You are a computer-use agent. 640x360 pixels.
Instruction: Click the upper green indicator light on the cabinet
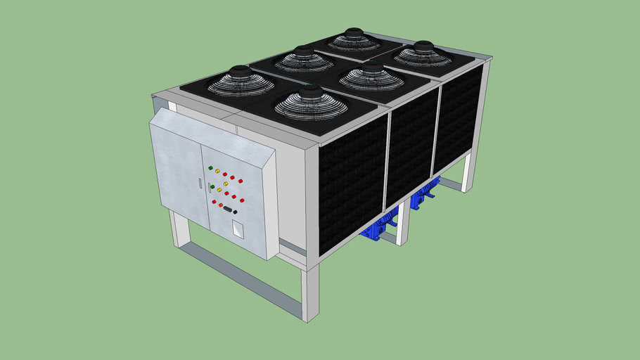pos(210,167)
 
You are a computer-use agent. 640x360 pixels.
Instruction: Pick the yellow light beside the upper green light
pos(218,171)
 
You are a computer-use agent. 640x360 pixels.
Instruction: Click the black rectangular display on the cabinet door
pos(228,208)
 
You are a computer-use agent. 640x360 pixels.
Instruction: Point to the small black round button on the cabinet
pos(236,211)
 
